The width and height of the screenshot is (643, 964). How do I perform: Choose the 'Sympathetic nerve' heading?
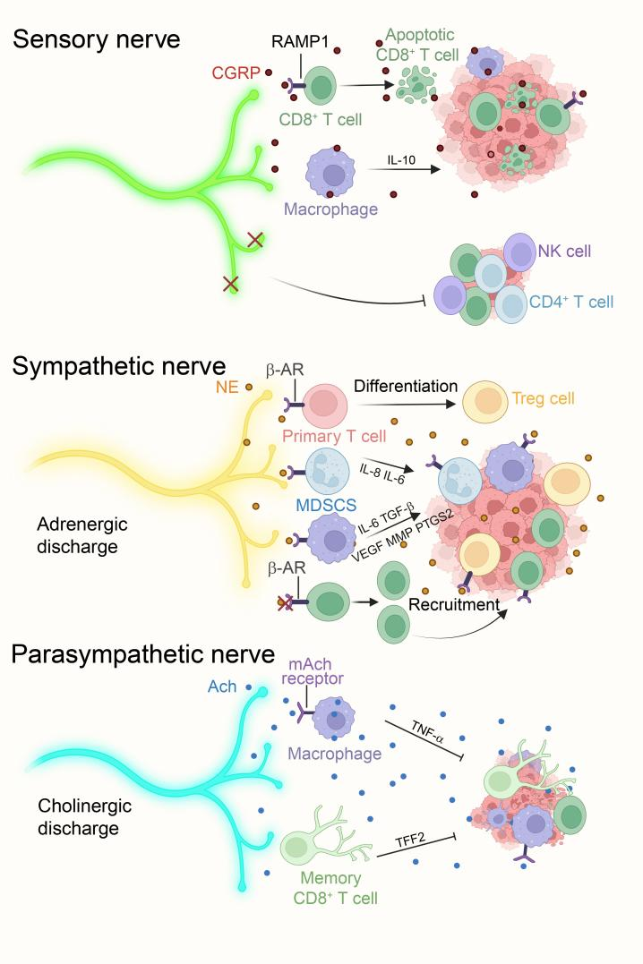[x=130, y=366]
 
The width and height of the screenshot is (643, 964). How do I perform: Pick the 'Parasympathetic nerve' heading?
[x=143, y=654]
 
